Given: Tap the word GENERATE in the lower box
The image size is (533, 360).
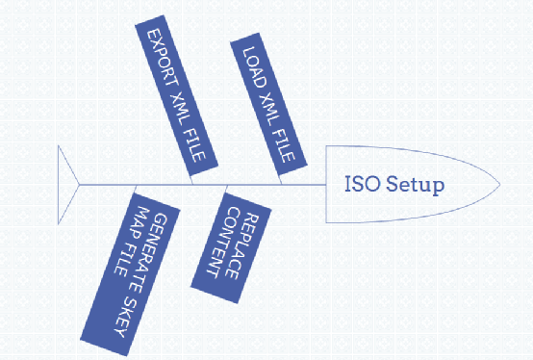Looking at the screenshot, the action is tap(150, 253).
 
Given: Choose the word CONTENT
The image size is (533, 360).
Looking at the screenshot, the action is tap(223, 242).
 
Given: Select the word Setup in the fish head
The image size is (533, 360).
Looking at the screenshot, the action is tap(415, 185).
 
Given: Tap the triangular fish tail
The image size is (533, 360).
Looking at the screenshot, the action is tap(65, 185).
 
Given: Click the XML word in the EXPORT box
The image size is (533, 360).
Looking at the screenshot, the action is tap(178, 108).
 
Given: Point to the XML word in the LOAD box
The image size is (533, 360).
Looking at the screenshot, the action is tap(269, 109).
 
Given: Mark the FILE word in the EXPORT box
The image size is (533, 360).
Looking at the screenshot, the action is tap(194, 145).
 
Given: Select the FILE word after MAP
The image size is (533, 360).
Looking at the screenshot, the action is tap(124, 258).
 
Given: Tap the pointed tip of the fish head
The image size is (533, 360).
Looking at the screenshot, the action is tap(500, 185).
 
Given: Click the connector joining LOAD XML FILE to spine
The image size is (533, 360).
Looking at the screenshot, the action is tap(280, 180).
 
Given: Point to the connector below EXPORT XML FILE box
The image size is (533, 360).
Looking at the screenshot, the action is tap(191, 180).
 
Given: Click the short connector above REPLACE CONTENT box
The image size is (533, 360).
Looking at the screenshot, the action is tap(226, 189).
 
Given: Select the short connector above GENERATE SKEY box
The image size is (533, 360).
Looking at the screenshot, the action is tap(136, 189).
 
